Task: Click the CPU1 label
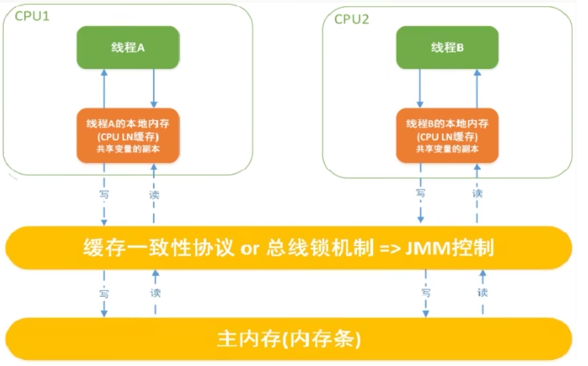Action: [x=32, y=16]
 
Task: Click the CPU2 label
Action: [x=351, y=19]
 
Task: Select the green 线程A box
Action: [x=128, y=47]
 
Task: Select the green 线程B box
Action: [x=447, y=47]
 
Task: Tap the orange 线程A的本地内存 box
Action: [x=128, y=136]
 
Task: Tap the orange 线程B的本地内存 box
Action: [x=447, y=136]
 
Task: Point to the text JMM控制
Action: [x=449, y=248]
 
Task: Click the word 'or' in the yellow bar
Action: [x=250, y=249]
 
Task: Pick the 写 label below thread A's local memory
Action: [x=104, y=194]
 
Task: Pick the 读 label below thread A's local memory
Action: [x=154, y=194]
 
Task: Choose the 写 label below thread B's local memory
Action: [x=420, y=193]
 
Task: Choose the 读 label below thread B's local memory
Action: [x=477, y=193]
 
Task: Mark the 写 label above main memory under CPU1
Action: [x=104, y=294]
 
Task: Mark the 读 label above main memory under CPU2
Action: [x=483, y=292]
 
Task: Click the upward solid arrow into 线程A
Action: [x=104, y=89]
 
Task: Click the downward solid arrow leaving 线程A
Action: [x=154, y=89]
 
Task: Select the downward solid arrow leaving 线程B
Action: [x=420, y=89]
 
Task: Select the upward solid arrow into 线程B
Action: [x=477, y=89]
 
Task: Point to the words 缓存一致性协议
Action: [x=159, y=248]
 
